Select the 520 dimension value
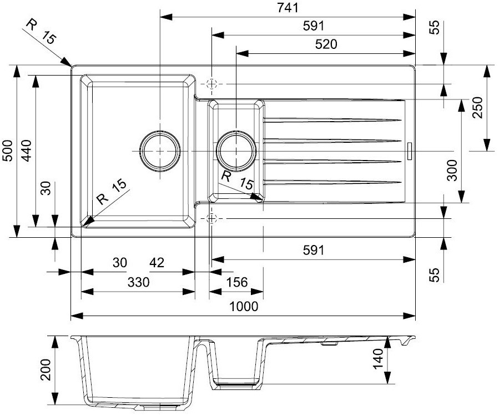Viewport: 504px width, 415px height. pyautogui.click(x=326, y=44)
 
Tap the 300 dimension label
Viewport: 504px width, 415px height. pyautogui.click(x=452, y=170)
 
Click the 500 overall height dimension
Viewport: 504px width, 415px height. pyautogui.click(x=7, y=151)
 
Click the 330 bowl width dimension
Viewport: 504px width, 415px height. pyautogui.click(x=138, y=282)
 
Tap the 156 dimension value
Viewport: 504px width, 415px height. pyautogui.click(x=236, y=282)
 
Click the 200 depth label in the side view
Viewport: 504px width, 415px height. pyautogui.click(x=47, y=369)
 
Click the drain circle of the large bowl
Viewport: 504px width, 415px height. pyautogui.click(x=160, y=151)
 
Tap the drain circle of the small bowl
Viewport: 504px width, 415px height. pyautogui.click(x=236, y=151)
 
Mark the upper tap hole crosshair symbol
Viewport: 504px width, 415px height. pyautogui.click(x=211, y=84)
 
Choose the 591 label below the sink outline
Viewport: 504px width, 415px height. pyautogui.click(x=313, y=250)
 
